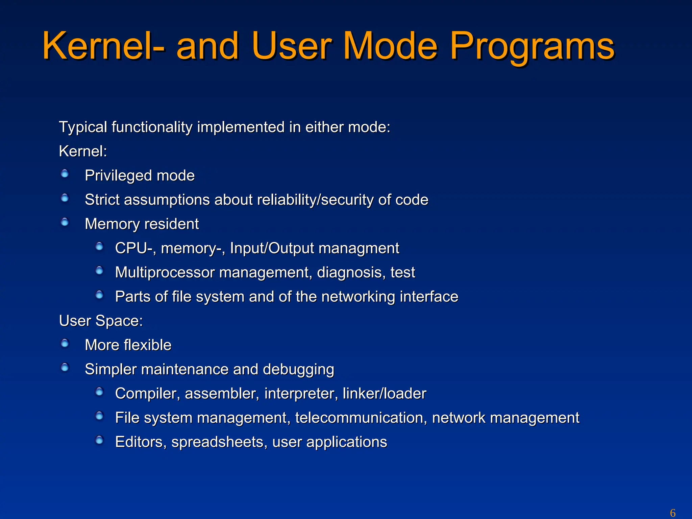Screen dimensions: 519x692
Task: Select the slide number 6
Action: coord(673,513)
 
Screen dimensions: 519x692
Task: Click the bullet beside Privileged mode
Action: coord(65,174)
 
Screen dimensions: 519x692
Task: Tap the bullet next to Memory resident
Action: coord(65,222)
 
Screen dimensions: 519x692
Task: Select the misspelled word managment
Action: coord(359,248)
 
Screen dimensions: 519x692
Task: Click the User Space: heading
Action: coord(101,321)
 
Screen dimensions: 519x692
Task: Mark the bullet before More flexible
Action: coord(65,344)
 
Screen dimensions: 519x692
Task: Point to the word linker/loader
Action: coord(384,394)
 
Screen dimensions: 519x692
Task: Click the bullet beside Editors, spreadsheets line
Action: coord(99,440)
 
